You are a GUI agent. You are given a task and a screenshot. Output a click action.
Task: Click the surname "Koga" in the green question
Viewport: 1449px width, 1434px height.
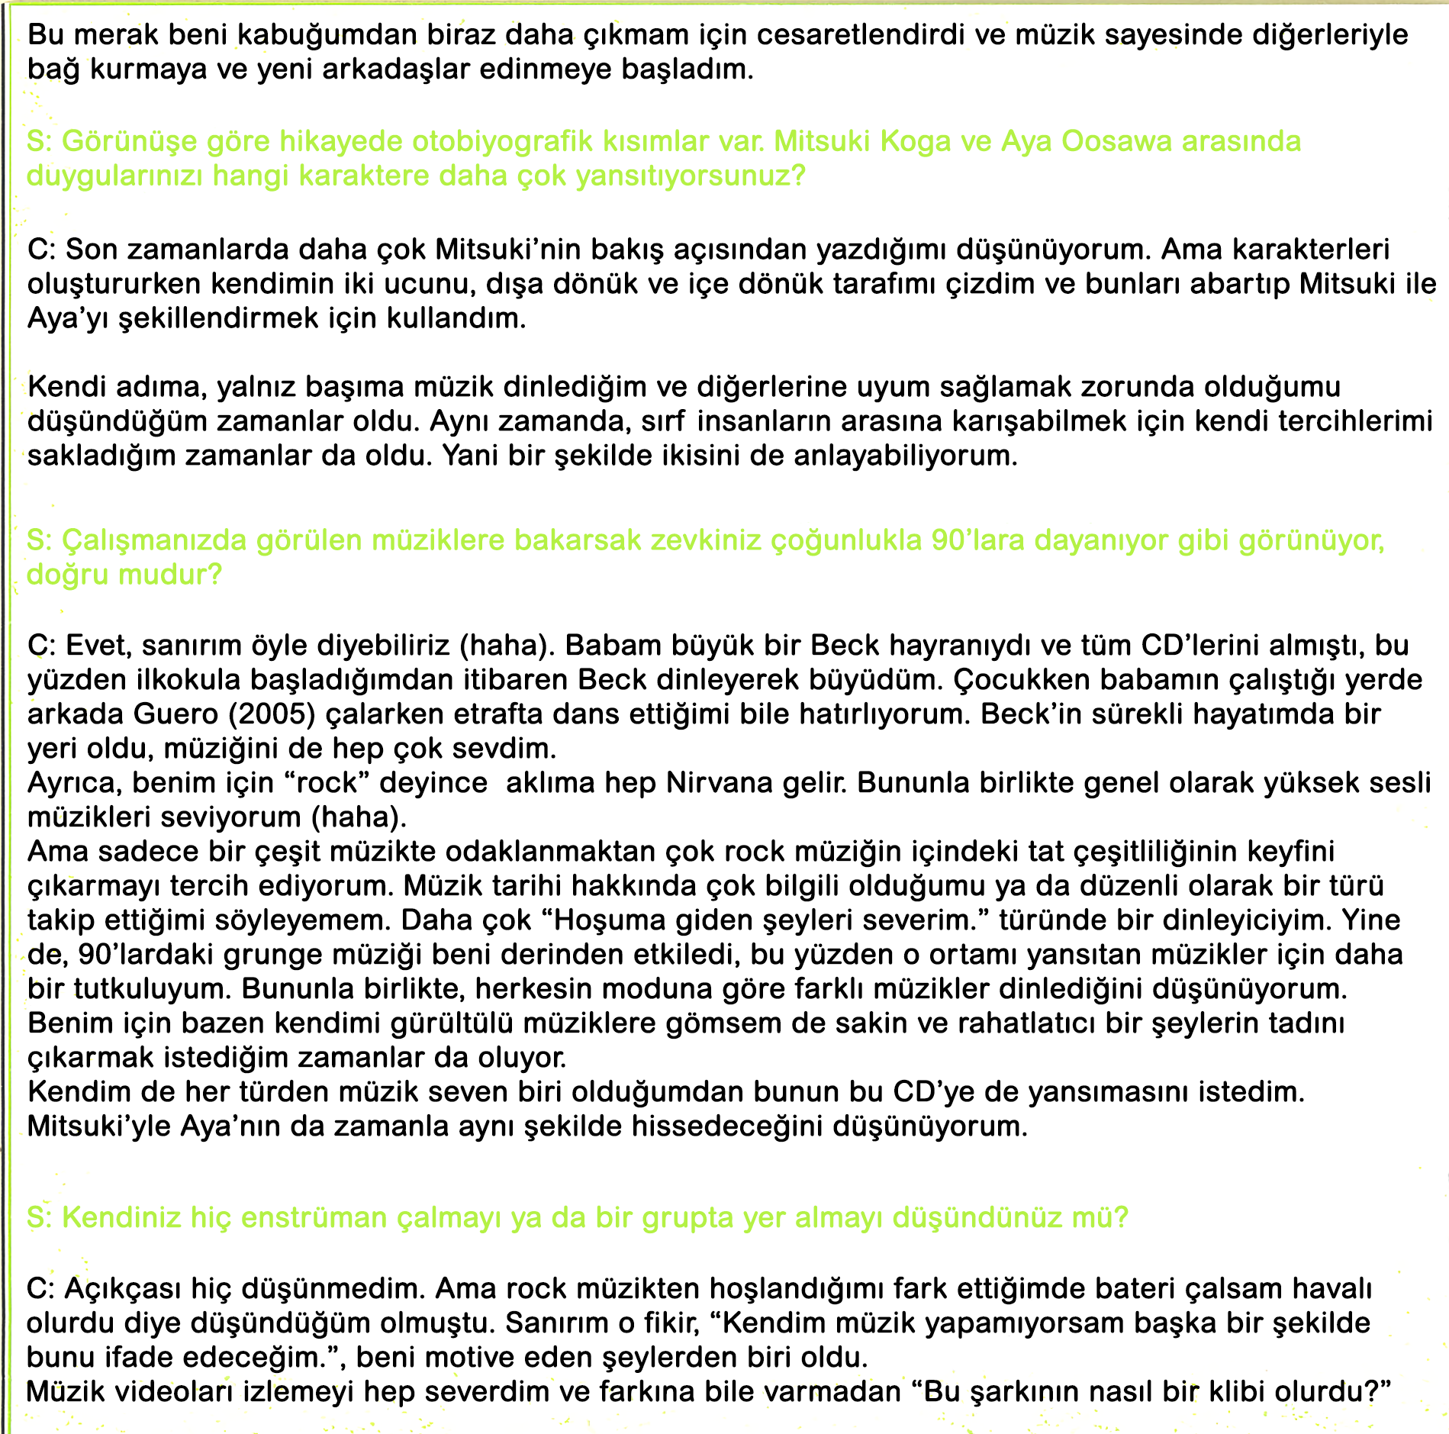click(x=917, y=142)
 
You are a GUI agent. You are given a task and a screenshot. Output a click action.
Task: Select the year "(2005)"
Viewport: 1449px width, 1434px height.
click(x=272, y=714)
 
